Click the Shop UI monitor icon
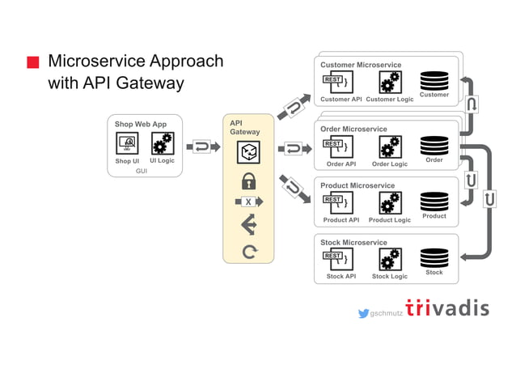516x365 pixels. pos(127,144)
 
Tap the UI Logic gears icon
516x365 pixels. pos(162,144)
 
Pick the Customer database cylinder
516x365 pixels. pos(434,81)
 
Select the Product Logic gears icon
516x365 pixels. pos(390,203)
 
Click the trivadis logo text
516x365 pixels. pos(447,309)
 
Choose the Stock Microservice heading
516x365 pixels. pos(353,242)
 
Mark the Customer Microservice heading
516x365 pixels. pos(361,65)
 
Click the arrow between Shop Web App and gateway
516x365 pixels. pos(203,147)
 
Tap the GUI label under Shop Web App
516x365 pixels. pos(142,171)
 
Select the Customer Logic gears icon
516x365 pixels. pos(390,83)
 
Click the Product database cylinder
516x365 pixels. pos(434,202)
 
